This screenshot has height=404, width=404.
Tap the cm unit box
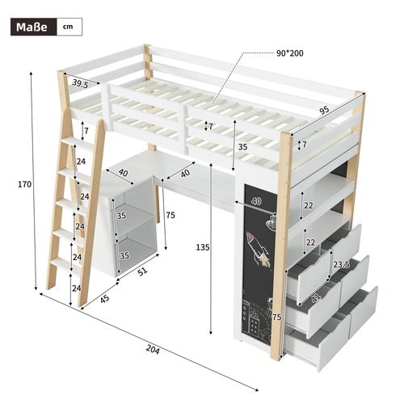click(x=69, y=27)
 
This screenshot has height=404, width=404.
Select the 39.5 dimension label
click(x=79, y=83)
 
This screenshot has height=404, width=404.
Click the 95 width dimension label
click(x=324, y=111)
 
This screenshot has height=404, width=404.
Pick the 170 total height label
click(x=24, y=184)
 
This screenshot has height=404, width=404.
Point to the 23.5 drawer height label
click(x=340, y=263)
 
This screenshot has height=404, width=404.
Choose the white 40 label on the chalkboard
click(x=256, y=202)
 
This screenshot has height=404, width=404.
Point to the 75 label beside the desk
click(x=170, y=215)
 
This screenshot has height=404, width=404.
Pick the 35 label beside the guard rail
click(x=242, y=147)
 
